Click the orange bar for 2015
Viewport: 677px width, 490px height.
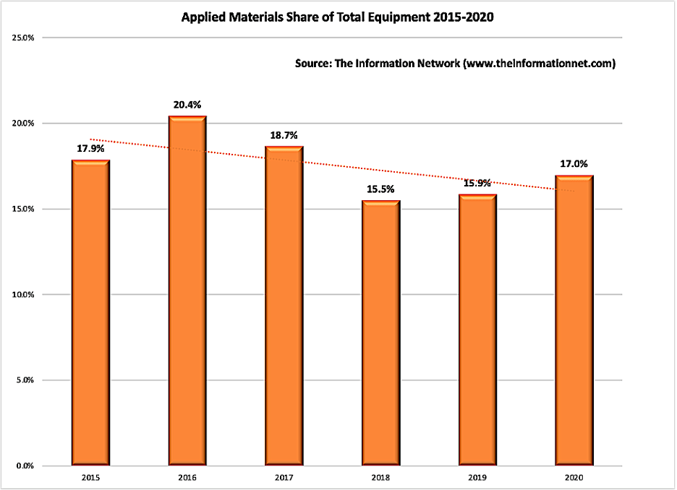point(90,312)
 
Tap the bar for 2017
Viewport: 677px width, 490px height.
point(284,305)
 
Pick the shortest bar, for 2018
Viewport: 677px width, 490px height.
point(381,332)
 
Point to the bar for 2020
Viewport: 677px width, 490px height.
point(574,320)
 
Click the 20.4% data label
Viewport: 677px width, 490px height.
point(187,105)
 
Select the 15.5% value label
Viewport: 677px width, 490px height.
point(381,189)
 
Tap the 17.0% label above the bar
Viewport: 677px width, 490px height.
point(574,164)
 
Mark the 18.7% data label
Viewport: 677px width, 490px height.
point(284,134)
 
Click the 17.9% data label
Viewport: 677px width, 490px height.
point(90,149)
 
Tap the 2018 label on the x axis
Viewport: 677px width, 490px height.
point(381,478)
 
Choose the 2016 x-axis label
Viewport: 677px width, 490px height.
point(187,478)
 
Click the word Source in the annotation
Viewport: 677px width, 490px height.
point(312,64)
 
